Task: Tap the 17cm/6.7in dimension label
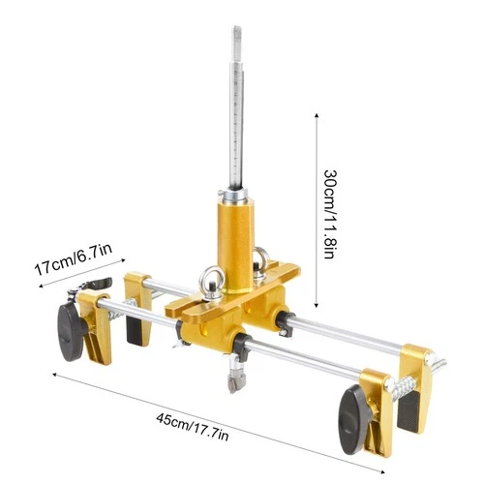pyautogui.click(x=74, y=259)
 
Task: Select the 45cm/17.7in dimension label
pyautogui.click(x=193, y=427)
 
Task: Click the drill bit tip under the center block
pyautogui.click(x=236, y=382)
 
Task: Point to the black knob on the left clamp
pyautogui.click(x=71, y=332)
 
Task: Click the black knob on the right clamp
pyautogui.click(x=353, y=419)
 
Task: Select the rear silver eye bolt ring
pyautogui.click(x=259, y=260)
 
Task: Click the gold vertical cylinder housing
pyautogui.click(x=236, y=245)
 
